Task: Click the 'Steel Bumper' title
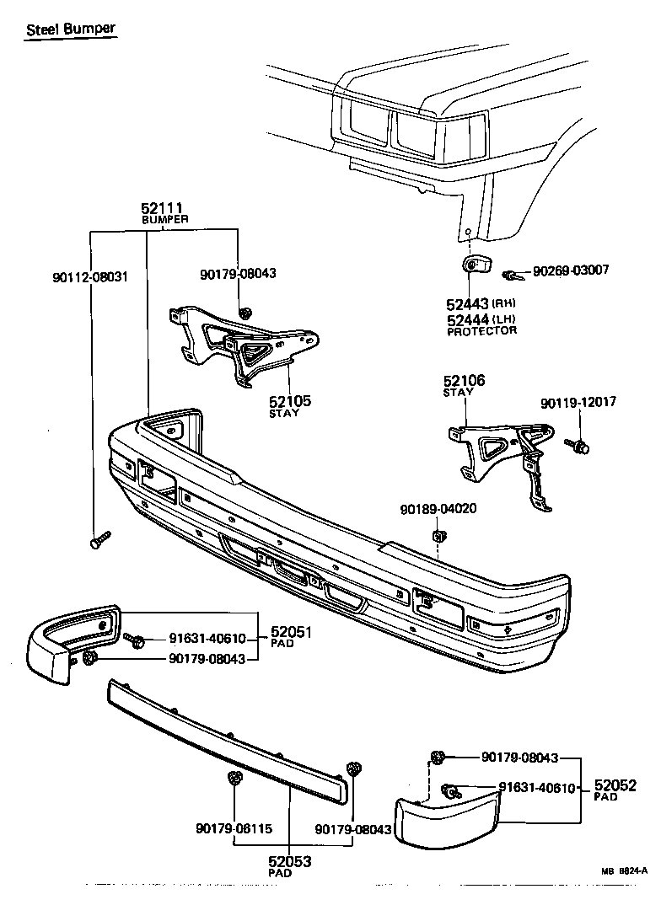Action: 70,29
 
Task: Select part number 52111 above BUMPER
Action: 163,207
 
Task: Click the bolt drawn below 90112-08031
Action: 99,539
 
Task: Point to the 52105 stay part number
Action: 290,401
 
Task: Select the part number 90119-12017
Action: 578,403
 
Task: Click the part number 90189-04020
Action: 438,509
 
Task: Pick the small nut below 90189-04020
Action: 438,536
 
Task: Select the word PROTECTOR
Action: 481,331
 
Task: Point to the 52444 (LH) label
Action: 481,319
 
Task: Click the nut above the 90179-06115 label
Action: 234,779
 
